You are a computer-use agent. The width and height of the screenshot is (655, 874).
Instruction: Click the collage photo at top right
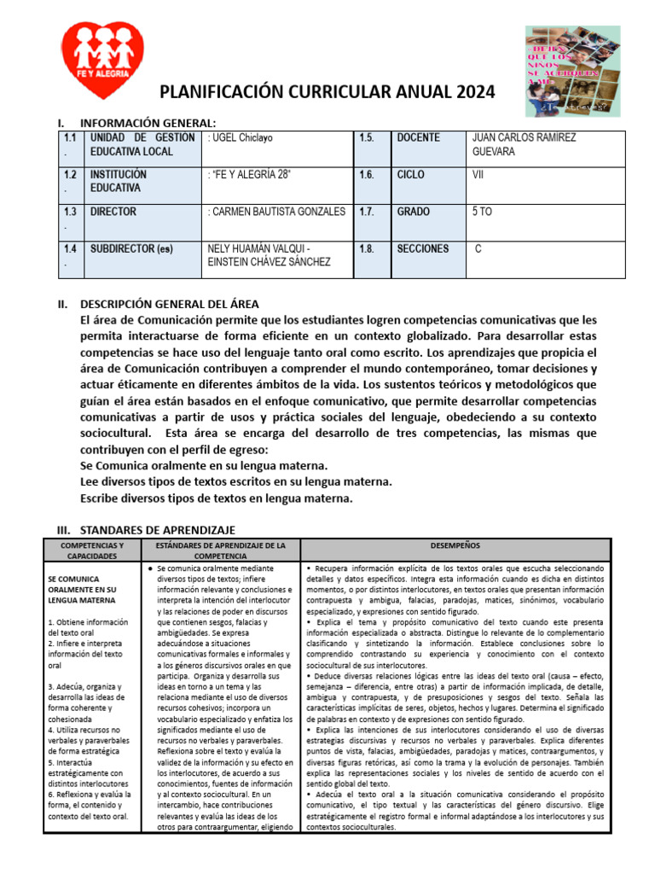(567, 70)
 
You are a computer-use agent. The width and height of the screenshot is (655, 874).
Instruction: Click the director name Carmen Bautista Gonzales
(277, 212)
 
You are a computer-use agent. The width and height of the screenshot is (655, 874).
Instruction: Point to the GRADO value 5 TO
(482, 211)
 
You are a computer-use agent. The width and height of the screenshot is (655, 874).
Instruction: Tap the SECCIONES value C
(478, 248)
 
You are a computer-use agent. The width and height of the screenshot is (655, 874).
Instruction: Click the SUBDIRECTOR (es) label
(131, 249)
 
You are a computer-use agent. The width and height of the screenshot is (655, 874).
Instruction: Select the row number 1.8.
(368, 248)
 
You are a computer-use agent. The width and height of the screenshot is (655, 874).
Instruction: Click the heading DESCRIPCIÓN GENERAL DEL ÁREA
(170, 305)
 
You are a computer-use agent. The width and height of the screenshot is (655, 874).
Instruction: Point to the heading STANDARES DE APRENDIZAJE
(158, 530)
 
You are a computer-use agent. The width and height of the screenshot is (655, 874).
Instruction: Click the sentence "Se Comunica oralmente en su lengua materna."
(203, 466)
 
